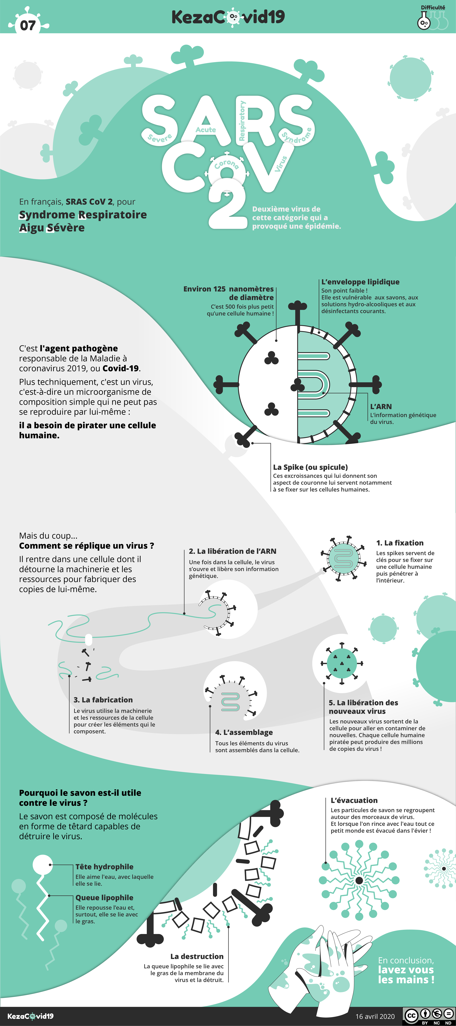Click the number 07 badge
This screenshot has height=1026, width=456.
pyautogui.click(x=28, y=25)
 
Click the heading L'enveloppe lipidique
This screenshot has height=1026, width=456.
pyautogui.click(x=360, y=282)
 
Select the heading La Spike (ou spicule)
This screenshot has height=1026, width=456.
pyautogui.click(x=310, y=467)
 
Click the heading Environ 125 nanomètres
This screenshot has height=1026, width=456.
pyautogui.click(x=229, y=289)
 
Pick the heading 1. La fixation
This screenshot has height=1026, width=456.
pyautogui.click(x=400, y=543)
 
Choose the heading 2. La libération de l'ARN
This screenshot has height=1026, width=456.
pyautogui.click(x=233, y=551)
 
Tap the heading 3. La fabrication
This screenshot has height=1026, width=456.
pyautogui.click(x=103, y=700)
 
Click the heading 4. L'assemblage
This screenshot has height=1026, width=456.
pyautogui.click(x=244, y=732)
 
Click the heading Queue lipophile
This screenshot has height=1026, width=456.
pyautogui.click(x=104, y=898)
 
